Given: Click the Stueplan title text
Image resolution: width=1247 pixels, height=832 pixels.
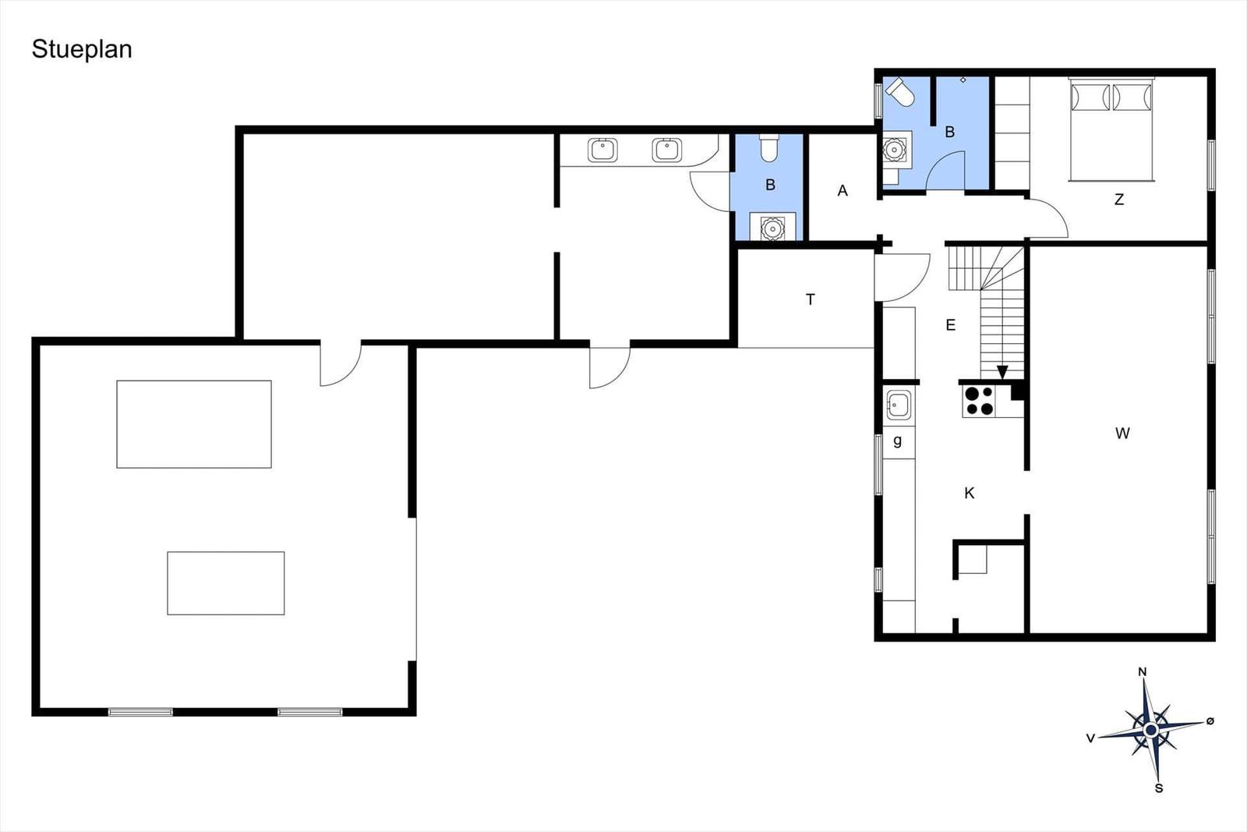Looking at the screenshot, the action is tap(82, 50).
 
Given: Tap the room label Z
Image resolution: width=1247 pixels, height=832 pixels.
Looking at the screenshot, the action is tap(1119, 200).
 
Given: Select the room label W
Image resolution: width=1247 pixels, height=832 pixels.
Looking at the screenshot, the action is tap(1122, 434).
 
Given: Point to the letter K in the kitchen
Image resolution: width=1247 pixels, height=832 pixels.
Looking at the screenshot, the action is tap(970, 493).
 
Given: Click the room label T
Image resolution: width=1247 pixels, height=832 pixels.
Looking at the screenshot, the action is tap(811, 299).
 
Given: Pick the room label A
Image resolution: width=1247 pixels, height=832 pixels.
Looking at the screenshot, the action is tap(843, 191).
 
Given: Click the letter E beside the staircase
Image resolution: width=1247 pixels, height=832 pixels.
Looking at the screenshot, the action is tap(950, 324).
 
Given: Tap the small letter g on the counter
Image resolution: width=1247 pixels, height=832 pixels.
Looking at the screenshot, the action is tap(897, 441).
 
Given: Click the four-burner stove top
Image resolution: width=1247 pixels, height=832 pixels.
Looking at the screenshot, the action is tap(979, 402).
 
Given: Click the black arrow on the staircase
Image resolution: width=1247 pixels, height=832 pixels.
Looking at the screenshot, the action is tap(1002, 372).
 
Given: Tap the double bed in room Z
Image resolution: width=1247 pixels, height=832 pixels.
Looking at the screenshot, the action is tap(1111, 129).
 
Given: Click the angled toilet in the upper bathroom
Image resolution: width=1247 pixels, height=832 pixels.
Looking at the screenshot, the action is tap(899, 92).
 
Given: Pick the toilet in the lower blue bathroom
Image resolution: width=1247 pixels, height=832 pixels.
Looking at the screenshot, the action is tap(768, 147).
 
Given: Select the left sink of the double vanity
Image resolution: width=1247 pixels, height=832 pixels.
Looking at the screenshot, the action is tap(602, 150).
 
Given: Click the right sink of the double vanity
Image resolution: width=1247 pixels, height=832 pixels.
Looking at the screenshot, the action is tap(666, 150).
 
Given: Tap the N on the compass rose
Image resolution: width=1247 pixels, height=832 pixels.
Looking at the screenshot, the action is tap(1142, 672).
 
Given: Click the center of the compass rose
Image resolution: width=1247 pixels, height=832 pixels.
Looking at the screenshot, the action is tap(1150, 730).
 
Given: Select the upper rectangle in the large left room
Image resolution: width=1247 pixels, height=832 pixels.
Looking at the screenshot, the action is tap(194, 424).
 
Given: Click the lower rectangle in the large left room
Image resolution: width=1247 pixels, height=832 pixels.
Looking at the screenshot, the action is tap(226, 583).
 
